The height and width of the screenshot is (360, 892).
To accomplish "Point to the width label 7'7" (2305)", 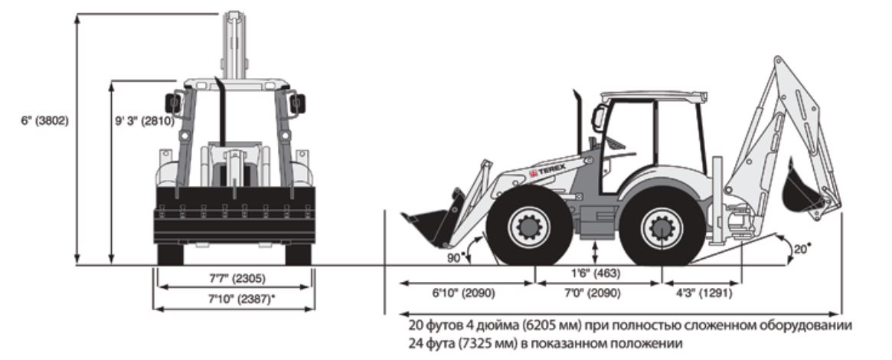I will (234, 278).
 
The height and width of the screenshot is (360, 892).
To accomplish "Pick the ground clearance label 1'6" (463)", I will (596, 273).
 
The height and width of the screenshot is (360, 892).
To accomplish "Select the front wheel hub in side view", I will (528, 227).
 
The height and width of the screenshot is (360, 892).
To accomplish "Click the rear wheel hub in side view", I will (661, 227).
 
